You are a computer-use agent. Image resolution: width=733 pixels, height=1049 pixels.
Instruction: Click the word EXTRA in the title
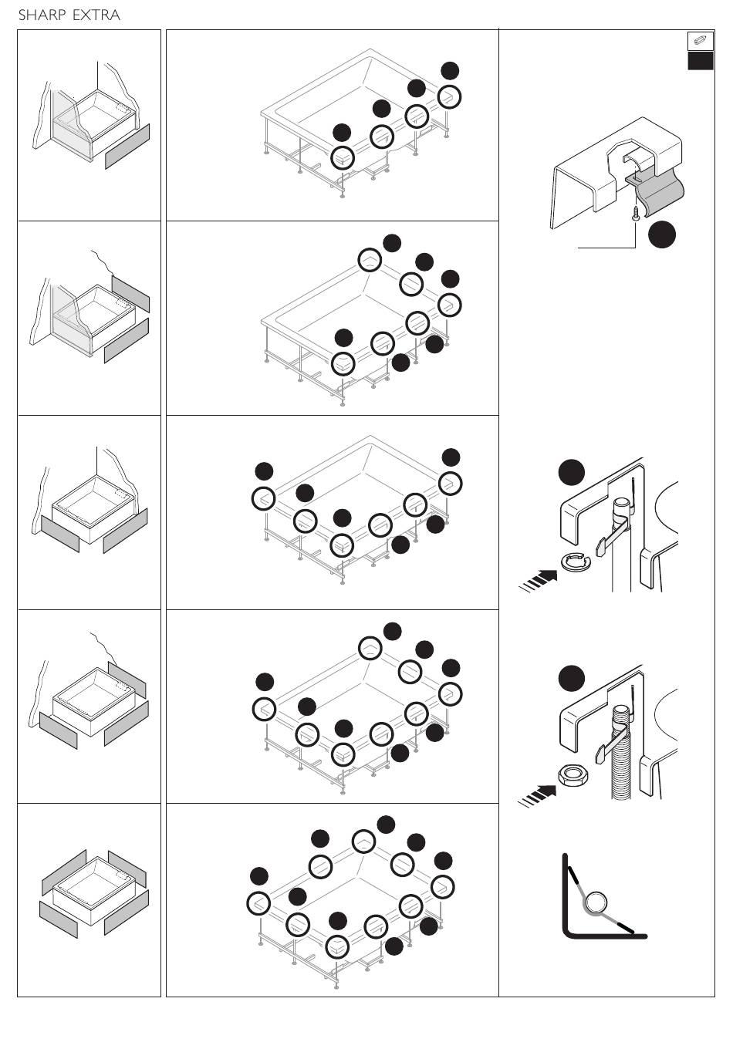(96, 15)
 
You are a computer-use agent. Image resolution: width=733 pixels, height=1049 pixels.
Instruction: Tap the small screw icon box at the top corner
(700, 40)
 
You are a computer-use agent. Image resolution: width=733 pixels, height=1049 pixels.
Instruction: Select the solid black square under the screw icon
(700, 61)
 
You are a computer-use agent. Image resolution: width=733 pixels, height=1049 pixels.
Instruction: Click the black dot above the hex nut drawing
(572, 678)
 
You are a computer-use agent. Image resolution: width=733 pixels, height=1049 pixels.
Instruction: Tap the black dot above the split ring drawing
(572, 471)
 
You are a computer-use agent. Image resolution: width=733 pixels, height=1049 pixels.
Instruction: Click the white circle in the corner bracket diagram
(596, 902)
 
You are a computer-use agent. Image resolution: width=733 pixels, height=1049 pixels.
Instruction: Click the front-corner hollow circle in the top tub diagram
(342, 157)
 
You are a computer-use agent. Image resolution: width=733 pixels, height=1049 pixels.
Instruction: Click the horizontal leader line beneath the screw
(606, 247)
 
